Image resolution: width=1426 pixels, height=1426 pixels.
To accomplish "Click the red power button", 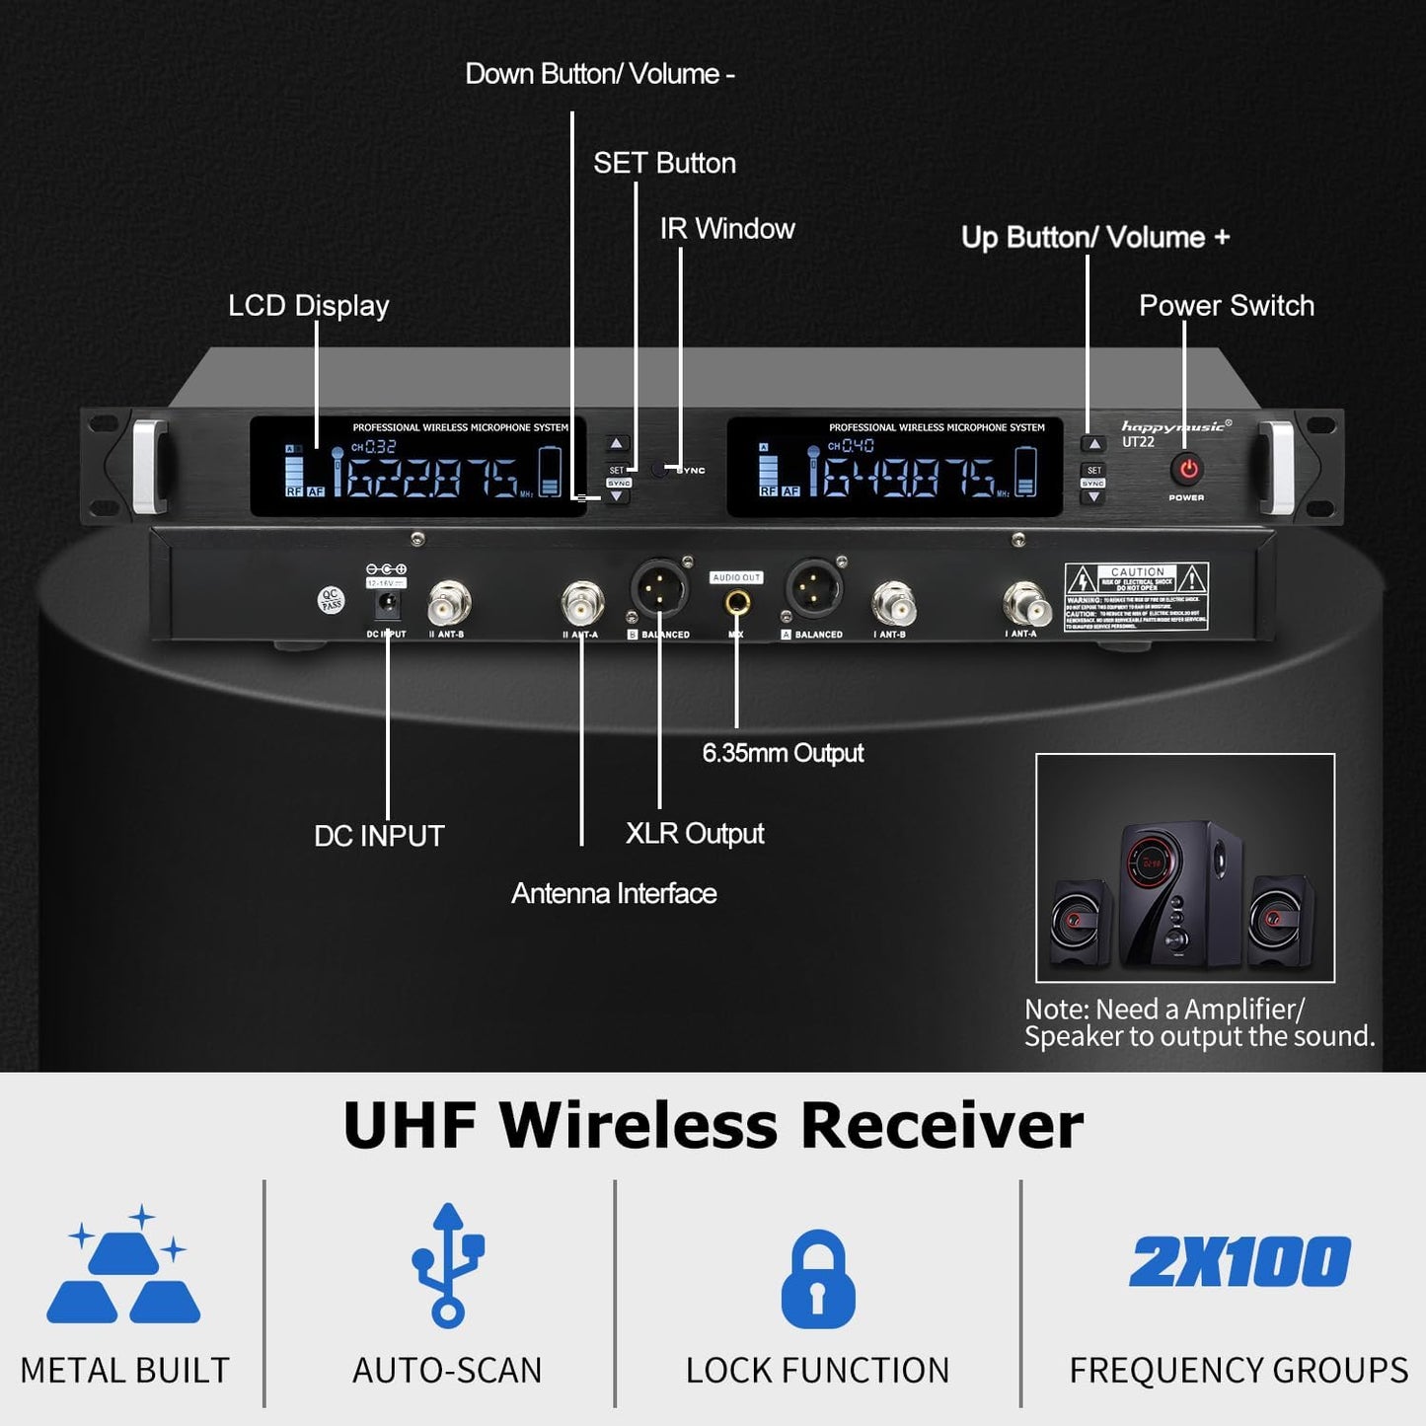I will [1188, 470].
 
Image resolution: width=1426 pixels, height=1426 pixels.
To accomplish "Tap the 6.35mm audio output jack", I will [737, 601].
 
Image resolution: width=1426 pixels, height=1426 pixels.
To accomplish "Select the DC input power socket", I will [387, 603].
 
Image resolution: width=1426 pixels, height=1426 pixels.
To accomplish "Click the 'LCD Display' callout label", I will [309, 306].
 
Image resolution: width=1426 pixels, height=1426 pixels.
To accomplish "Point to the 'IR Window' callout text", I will [727, 229].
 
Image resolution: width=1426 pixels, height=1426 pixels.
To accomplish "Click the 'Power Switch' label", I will [1227, 306].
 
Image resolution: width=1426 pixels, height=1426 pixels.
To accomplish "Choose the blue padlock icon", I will [818, 1279].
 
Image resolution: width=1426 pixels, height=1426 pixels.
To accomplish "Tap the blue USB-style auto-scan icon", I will [448, 1264].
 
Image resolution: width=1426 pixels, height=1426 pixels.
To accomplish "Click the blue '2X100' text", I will [1239, 1262].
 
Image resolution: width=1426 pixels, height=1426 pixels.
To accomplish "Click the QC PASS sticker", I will [332, 600].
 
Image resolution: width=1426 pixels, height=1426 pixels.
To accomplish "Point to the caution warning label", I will [1136, 596].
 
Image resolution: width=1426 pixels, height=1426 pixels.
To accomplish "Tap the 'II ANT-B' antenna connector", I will [449, 602].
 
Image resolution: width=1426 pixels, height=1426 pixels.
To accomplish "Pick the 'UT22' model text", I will [1138, 442].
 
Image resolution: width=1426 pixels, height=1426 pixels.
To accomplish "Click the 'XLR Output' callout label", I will [695, 834].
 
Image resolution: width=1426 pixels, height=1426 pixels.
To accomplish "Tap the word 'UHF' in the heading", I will [410, 1125].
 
